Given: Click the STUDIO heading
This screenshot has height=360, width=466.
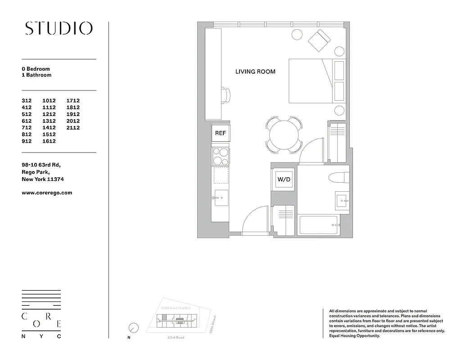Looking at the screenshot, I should tap(59, 28).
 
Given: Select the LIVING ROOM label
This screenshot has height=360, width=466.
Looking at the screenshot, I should tap(255, 72).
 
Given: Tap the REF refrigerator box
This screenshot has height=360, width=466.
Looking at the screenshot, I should tap(220, 133).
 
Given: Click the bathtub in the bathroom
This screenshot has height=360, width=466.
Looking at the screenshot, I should tap(318, 225).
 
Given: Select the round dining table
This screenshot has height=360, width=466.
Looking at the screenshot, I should tap(284, 134).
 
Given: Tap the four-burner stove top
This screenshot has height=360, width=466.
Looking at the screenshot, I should tap(220, 156).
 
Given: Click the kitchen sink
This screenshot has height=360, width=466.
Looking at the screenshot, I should tap(221, 198).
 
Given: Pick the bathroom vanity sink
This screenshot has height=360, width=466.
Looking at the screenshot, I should tap(342, 199).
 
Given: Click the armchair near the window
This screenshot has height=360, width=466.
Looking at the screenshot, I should tap(319, 41).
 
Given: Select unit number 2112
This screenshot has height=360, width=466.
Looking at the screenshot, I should tap(73, 128).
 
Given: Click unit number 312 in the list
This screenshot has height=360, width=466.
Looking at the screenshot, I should tap(28, 101).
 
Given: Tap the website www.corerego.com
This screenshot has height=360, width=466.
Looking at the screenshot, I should tap(47, 193).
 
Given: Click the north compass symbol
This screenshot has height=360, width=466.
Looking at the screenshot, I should tap(133, 328).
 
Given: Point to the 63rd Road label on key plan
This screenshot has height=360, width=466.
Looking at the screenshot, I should tap(176, 337).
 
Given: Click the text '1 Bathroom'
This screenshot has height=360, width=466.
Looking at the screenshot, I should tap(36, 75).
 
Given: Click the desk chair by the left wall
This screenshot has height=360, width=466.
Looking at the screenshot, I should tap(226, 95).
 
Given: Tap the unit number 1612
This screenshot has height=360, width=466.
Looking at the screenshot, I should tap(49, 141).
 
